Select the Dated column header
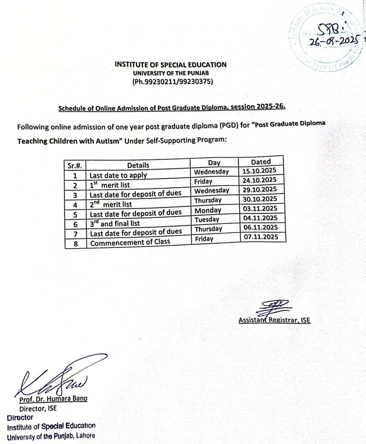(261, 162)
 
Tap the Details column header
(138, 165)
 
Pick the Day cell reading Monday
(208, 211)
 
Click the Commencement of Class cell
(130, 243)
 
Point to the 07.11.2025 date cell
(261, 237)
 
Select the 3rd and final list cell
(115, 224)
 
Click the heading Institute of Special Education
(170, 65)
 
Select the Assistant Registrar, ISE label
(274, 320)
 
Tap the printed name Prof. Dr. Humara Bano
(53, 399)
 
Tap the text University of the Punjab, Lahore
(51, 435)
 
